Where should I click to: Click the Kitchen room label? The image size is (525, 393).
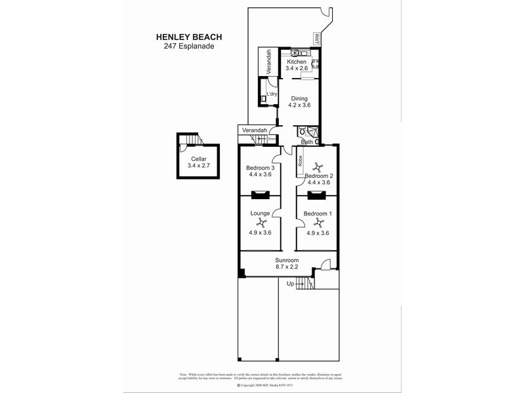point(297,62)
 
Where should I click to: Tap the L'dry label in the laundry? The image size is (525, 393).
point(271,94)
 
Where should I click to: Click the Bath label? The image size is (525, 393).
point(306,141)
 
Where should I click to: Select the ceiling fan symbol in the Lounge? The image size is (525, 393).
point(260,223)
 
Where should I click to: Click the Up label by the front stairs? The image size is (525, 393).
point(290,283)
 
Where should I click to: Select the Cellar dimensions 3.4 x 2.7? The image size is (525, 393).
point(199,166)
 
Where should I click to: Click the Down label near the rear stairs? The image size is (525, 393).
point(272,138)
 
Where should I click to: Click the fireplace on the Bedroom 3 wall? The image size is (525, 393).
point(260,194)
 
